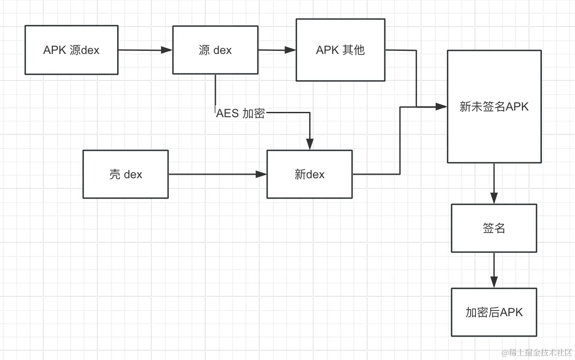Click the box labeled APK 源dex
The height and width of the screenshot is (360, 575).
coord(71,50)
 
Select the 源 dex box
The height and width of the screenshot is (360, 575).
coord(215,50)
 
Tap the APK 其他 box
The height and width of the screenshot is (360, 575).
coord(340,50)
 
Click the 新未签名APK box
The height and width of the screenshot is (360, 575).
coord(494,107)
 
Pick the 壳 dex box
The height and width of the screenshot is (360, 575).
coord(126,174)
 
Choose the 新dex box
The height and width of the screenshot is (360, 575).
coord(309,174)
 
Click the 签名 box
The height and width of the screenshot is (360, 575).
coord(494,228)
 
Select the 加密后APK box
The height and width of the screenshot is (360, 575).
coord(494,312)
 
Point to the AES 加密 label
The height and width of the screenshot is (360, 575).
coord(240,113)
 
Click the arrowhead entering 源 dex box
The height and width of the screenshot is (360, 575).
coord(167,50)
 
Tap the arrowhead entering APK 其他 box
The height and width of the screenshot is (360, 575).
coord(291,50)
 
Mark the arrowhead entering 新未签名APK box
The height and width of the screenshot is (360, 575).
coord(441,107)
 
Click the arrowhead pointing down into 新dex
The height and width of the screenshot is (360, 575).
coord(310,144)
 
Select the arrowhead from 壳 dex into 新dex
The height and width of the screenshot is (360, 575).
coord(261,174)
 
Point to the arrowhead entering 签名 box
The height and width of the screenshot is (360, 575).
coord(494,198)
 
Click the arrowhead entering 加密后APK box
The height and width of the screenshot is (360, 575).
coord(494,282)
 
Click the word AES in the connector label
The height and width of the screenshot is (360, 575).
coord(227,113)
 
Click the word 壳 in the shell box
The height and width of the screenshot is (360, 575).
coord(115,174)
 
